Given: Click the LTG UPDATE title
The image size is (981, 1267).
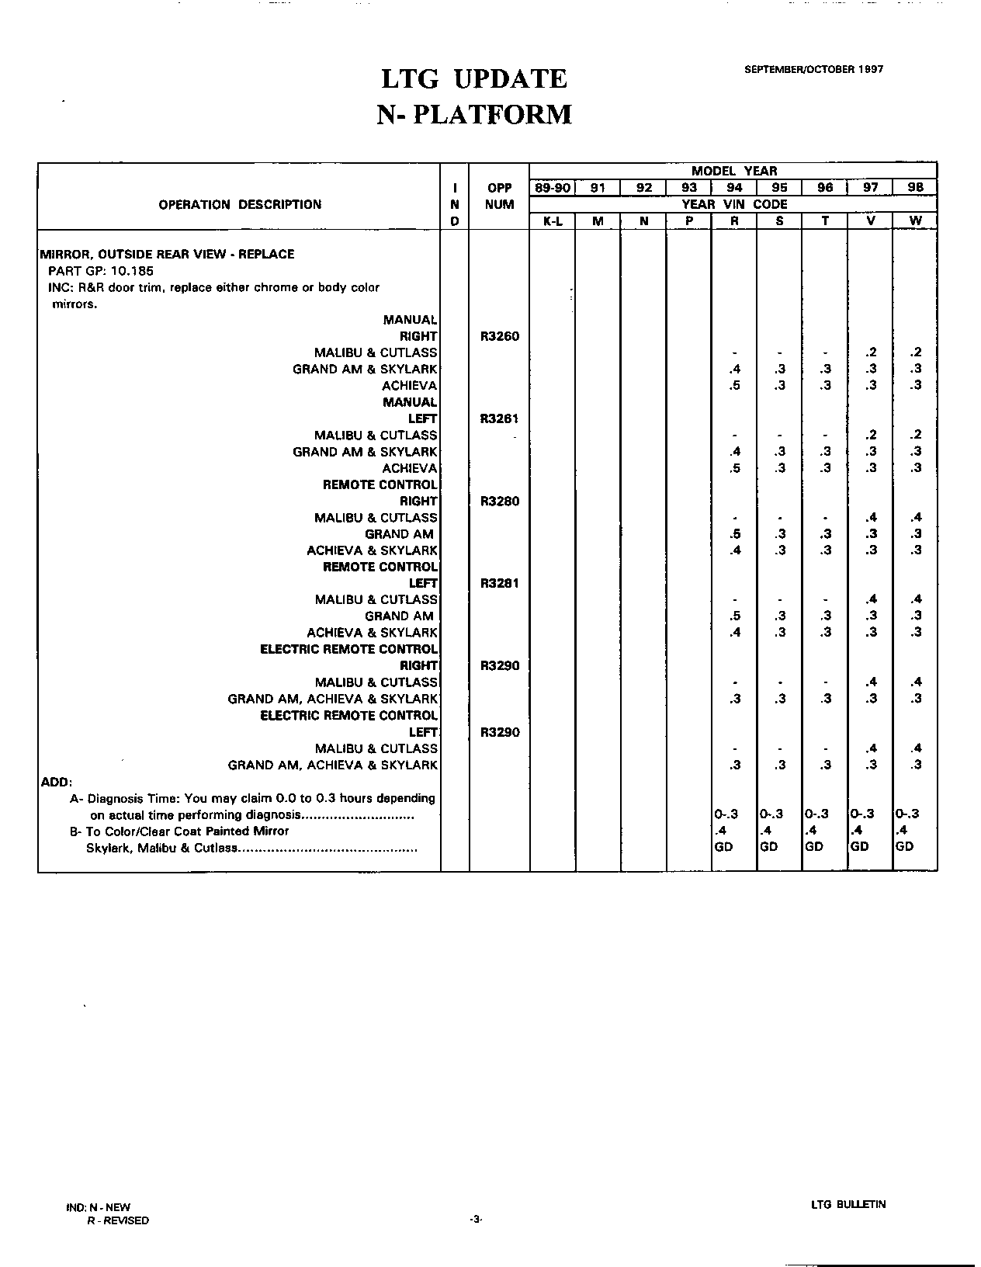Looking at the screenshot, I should (474, 78).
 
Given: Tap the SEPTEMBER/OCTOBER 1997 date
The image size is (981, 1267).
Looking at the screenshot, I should (813, 69).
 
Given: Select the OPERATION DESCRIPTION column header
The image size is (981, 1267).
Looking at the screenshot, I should (240, 205).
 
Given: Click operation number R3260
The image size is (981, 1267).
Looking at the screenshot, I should (500, 336).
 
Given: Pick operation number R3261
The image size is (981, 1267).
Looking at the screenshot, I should (500, 418).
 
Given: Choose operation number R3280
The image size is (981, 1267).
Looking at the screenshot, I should (500, 501).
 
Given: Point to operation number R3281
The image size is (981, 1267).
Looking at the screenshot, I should (500, 583).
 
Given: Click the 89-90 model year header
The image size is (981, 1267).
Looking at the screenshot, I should (552, 187).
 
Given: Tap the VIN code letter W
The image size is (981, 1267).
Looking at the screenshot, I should (916, 220).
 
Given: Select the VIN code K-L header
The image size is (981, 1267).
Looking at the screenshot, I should (553, 220).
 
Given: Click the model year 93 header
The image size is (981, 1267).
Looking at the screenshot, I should (689, 187).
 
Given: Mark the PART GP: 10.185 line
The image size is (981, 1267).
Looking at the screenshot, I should (101, 271).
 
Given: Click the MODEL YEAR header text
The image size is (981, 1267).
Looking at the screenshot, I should (734, 171).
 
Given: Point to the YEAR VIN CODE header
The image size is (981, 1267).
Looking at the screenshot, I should (734, 204).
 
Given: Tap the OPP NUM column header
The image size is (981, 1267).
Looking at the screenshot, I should (500, 196).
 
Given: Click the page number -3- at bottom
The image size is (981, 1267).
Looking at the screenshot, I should (476, 1220).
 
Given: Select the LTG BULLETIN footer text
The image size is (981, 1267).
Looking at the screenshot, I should (848, 1205).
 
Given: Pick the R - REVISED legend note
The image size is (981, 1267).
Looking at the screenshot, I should (118, 1220).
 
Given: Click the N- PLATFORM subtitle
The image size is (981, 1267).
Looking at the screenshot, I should (474, 115).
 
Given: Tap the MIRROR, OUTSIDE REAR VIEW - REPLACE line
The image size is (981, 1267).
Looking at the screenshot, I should (167, 254).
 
